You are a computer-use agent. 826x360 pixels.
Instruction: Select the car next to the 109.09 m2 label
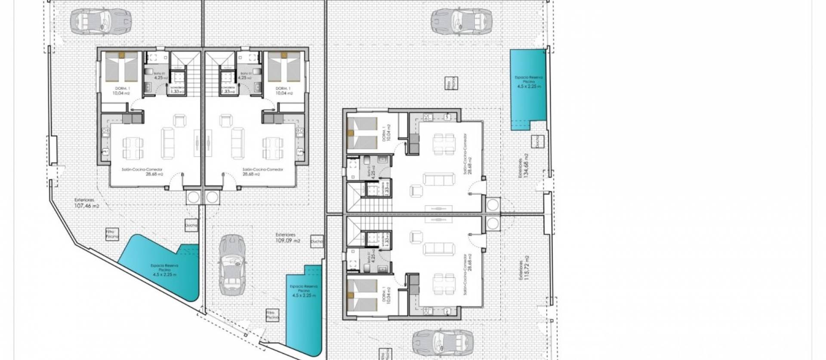[x=232, y=265]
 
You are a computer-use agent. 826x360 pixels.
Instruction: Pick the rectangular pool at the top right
[x=527, y=88]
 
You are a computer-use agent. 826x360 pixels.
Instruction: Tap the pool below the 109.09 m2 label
[x=303, y=310]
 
